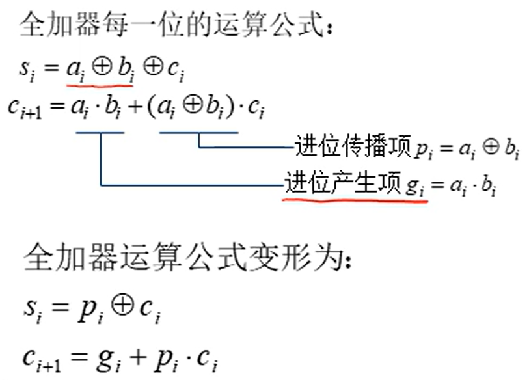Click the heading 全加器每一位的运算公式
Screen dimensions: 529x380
[x=176, y=27]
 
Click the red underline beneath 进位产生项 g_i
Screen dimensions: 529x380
[x=355, y=200]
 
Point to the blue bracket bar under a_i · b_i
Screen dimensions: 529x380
[x=100, y=133]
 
